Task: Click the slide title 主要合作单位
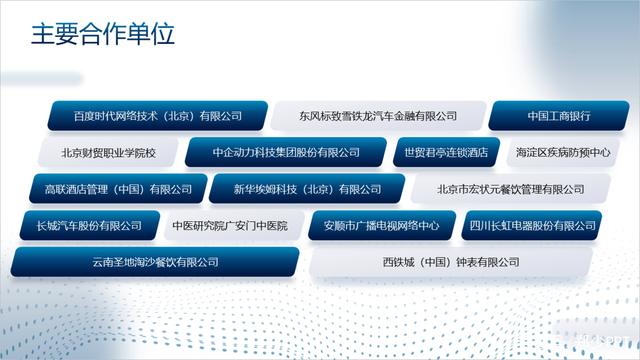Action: click(103, 35)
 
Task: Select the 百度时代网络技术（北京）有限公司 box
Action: click(158, 116)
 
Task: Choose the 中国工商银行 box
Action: click(560, 116)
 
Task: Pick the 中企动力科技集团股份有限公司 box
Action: click(286, 153)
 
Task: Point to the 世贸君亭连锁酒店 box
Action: click(446, 153)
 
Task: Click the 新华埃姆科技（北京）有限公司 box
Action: click(308, 189)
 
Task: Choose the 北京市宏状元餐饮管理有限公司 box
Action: click(511, 189)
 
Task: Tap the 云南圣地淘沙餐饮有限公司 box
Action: click(155, 262)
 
